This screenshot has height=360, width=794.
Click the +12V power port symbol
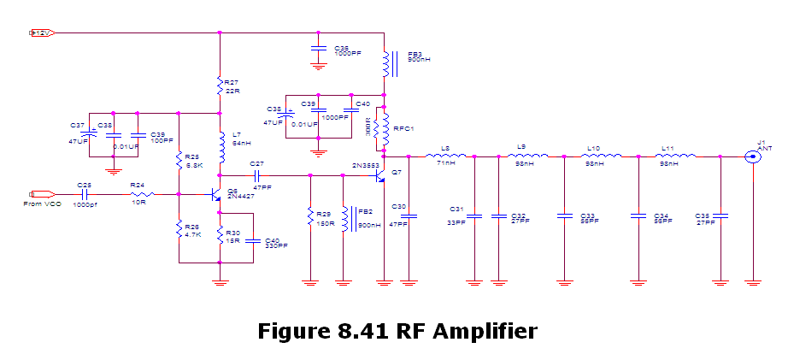42,33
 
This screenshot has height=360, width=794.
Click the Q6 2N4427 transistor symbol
216,195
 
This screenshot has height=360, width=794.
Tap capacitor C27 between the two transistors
256,175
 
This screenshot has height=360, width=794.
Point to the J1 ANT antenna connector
752,156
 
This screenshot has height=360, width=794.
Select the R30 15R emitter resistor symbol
220,236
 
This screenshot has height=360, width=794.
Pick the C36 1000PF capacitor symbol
318,47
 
